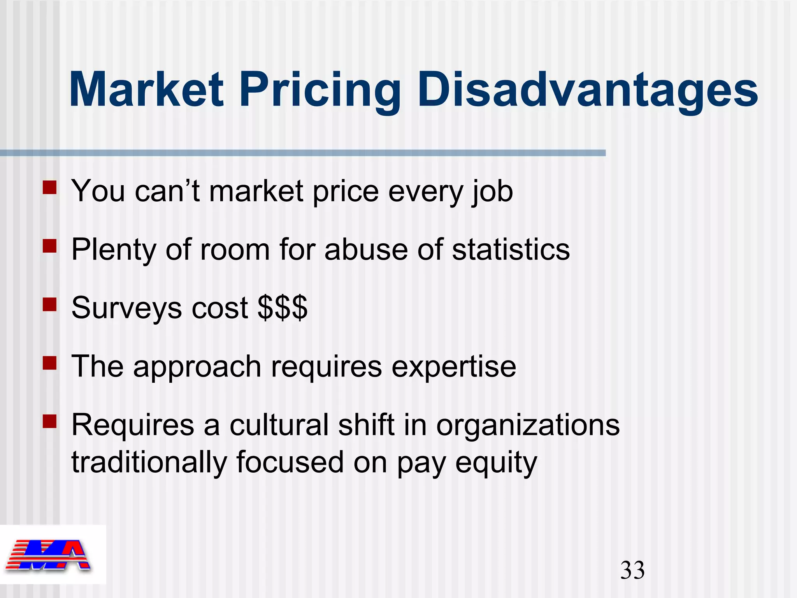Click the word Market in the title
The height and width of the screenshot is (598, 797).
click(146, 90)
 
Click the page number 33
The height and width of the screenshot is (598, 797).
click(632, 570)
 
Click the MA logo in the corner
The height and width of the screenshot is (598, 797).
click(49, 555)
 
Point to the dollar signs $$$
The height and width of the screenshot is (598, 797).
click(283, 308)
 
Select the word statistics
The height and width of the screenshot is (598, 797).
click(511, 249)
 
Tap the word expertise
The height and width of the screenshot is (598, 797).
click(454, 367)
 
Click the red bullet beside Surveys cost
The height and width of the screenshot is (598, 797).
click(50, 304)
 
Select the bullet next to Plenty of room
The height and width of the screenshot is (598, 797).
click(50, 246)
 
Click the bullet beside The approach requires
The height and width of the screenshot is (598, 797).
click(50, 363)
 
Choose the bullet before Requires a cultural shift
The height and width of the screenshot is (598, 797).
click(50, 421)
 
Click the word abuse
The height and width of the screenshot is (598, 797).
click(366, 249)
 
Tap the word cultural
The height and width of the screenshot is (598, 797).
click(279, 425)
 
